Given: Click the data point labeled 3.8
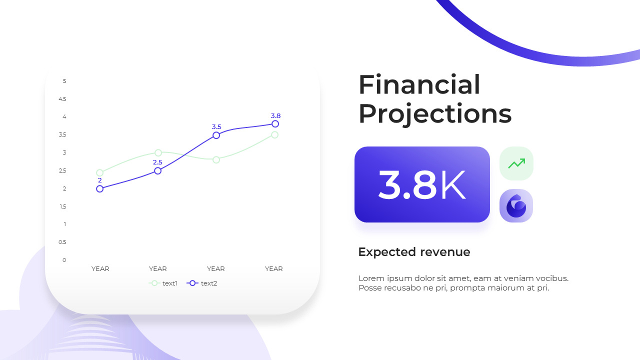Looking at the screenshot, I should coord(275,124).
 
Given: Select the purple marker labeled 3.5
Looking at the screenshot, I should coord(216,135).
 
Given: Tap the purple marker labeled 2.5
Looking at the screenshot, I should coord(157,171).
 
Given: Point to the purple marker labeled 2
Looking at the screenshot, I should coord(99,189).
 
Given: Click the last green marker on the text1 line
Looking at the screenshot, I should coord(275,134).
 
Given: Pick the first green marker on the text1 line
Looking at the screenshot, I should coord(99,173).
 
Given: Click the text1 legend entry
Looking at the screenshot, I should coord(163,283).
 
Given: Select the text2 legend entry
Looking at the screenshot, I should coord(202,283).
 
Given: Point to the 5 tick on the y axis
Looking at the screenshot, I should coord(64,81).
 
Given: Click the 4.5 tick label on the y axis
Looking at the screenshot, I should coord(62,99).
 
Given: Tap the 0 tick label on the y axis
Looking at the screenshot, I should coord(64,260).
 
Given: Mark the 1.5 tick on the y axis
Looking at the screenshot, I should coord(62,206).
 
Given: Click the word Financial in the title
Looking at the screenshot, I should coord(419,84).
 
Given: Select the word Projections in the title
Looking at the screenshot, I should coord(435,114).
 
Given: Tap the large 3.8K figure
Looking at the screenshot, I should coord(422,185).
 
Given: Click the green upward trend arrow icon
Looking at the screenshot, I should coord(516,163).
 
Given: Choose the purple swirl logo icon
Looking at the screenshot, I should coord(516,206).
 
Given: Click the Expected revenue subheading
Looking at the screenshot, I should coord(414,252).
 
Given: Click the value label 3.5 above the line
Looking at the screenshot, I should coord(216,127).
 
